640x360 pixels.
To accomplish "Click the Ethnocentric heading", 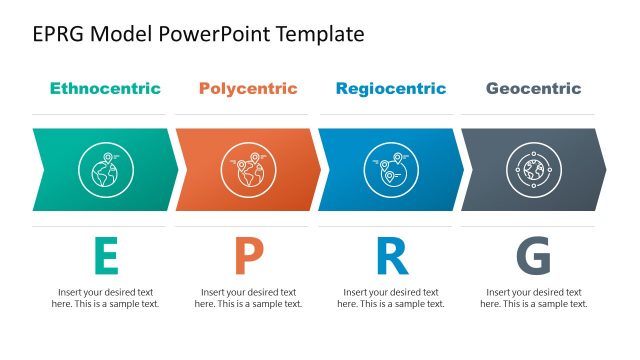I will point(105,89).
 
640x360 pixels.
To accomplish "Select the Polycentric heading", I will point(248,89).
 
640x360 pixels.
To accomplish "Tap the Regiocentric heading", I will point(391,89).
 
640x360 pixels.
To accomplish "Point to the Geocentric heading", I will point(533,89).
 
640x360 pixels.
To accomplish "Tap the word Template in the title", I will point(318,35).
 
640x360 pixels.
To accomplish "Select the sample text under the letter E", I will point(105,298).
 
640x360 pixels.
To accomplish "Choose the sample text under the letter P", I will point(248,298).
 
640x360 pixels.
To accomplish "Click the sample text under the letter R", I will point(391,298).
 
